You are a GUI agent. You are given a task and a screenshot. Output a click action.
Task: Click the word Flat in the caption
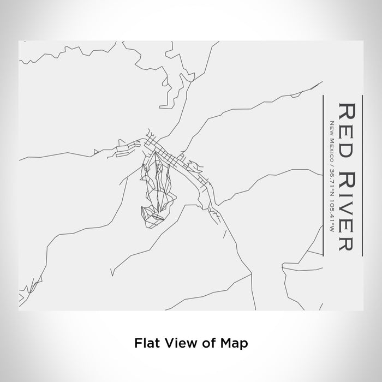[x=144, y=343]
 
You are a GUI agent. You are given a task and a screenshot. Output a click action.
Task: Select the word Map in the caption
[x=236, y=343]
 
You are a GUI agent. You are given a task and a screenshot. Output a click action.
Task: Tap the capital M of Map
[x=228, y=343]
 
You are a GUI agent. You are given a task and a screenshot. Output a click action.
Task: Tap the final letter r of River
[x=348, y=246]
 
